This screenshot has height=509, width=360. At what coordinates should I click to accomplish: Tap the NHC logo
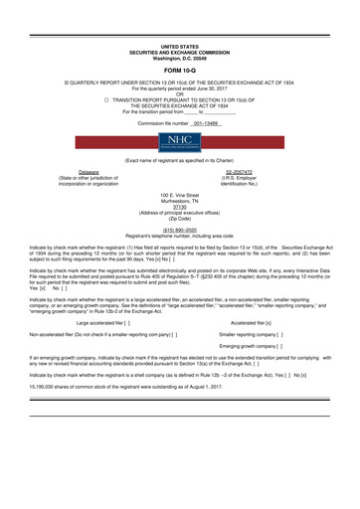click(179, 139)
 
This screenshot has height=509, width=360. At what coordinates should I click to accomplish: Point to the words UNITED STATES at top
click(179, 46)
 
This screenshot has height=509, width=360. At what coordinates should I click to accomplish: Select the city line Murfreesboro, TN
click(179, 202)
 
